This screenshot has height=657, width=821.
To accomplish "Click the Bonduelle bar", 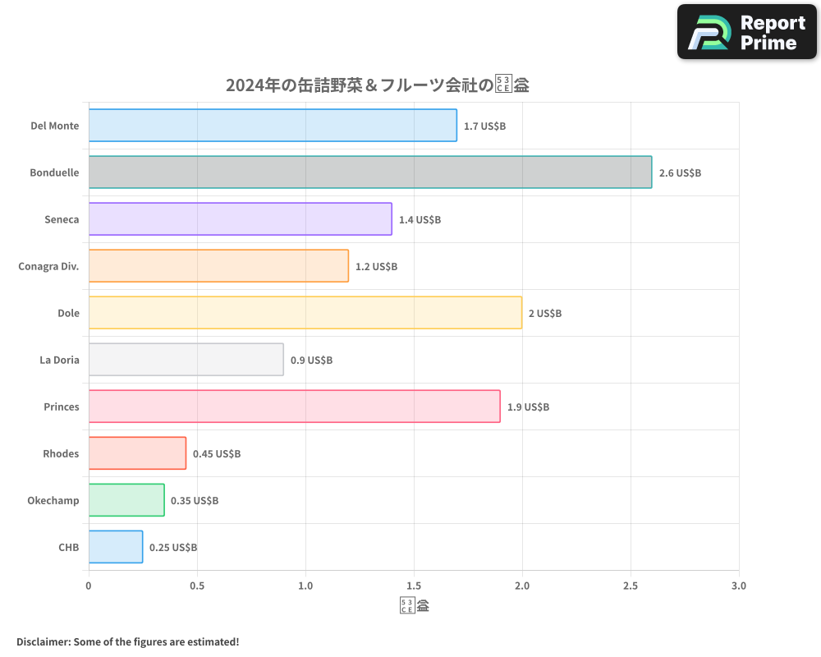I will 369,172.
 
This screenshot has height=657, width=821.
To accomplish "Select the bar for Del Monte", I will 273,126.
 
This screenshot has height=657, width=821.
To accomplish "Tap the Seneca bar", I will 240,219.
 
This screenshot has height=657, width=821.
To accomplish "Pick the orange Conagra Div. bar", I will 218,266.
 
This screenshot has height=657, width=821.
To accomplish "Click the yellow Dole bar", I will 305,313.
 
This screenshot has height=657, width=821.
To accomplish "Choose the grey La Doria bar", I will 186,360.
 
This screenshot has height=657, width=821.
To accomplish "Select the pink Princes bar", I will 294,407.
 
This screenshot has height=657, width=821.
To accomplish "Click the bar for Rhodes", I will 137,453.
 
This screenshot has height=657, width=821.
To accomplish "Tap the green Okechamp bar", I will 126,500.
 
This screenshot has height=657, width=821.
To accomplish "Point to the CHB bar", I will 116,547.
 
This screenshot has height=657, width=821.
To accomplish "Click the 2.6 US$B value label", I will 680,173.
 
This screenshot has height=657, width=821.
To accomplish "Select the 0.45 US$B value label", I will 217,454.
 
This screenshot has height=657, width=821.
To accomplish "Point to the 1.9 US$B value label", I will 528,407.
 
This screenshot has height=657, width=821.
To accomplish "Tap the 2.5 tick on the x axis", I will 631,586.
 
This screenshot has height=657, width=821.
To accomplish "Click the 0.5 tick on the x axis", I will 197,586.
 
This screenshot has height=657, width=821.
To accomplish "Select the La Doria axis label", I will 59,360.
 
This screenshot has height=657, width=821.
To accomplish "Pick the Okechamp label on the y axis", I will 53,500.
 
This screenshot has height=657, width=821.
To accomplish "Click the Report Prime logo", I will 746,32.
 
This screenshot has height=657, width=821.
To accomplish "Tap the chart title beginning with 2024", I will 377,85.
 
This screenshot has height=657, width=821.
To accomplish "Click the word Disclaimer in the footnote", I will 43,641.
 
